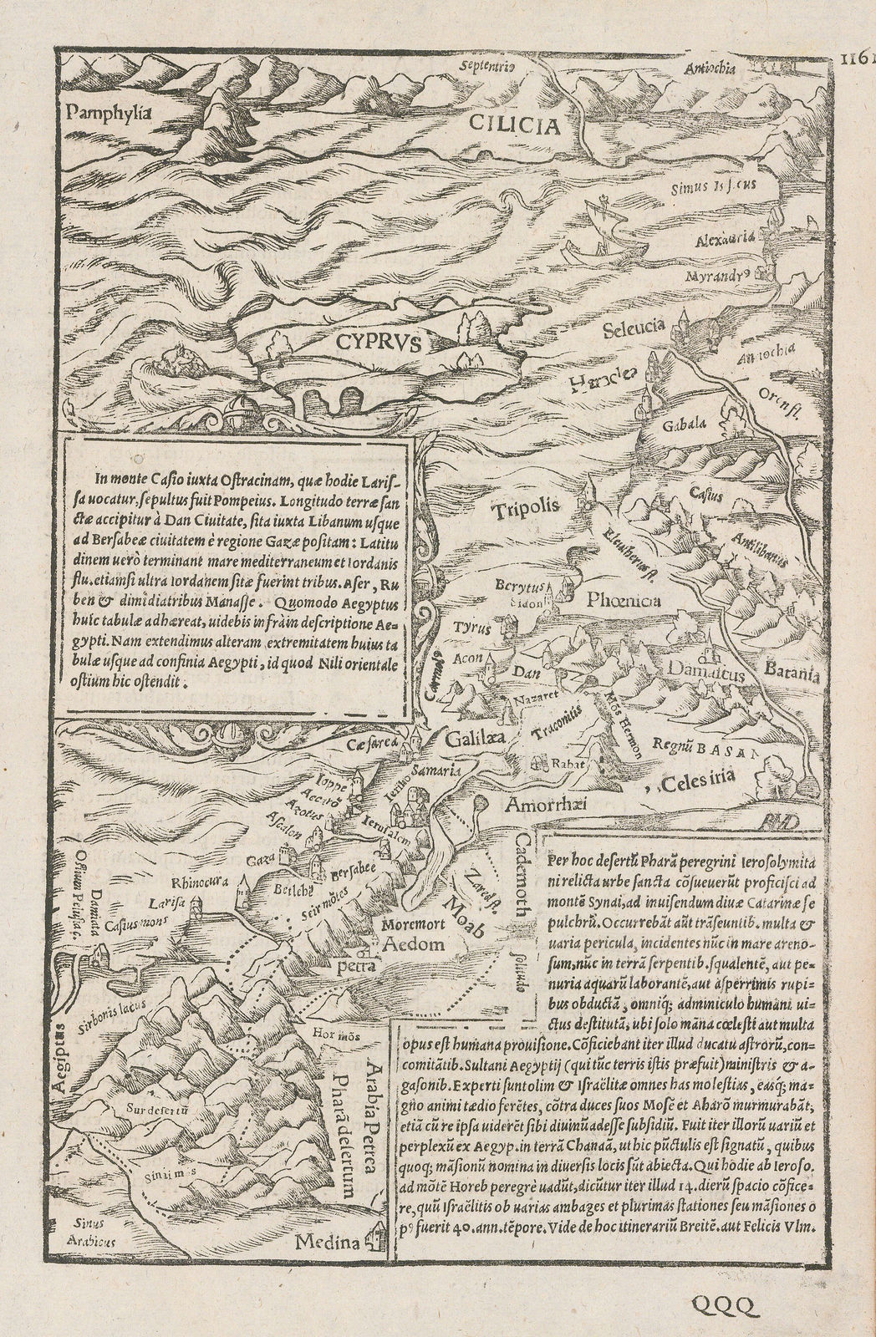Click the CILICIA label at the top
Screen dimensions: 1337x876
point(512,127)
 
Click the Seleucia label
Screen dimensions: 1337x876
point(633,328)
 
